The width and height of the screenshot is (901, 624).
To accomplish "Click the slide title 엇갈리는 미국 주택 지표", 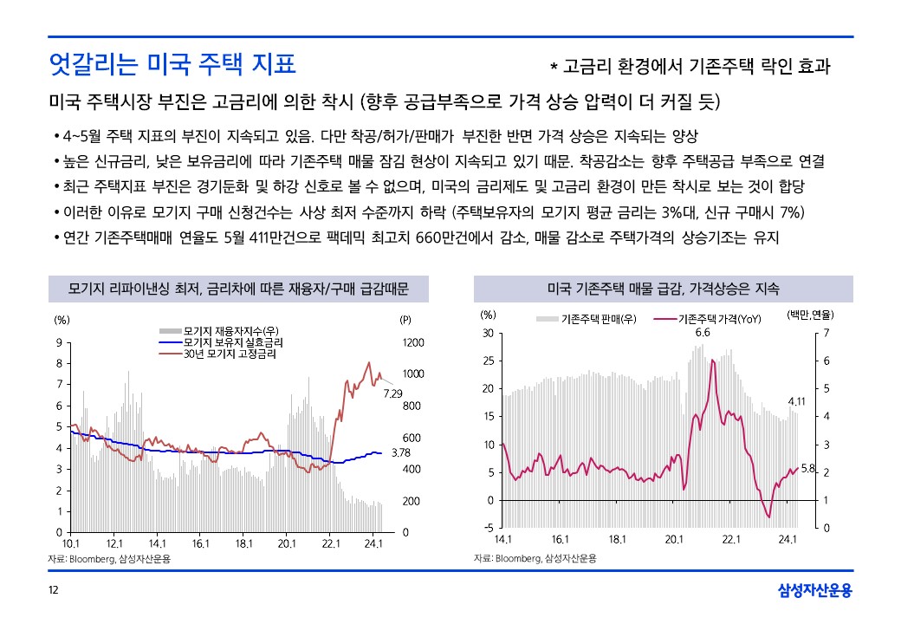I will pyautogui.click(x=172, y=63).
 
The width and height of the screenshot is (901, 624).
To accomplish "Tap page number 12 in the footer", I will pyautogui.click(x=53, y=591).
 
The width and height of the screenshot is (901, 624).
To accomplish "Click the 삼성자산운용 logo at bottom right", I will pyautogui.click(x=814, y=591).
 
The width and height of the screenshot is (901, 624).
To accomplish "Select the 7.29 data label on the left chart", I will pyautogui.click(x=393, y=393).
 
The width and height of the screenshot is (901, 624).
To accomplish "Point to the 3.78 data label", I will pyautogui.click(x=400, y=452).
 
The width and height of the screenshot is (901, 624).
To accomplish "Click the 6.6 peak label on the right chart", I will pyautogui.click(x=703, y=332).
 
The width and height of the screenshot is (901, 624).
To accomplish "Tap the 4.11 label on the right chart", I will pyautogui.click(x=796, y=401).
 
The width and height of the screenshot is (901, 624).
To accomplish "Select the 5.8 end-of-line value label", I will pyautogui.click(x=808, y=468).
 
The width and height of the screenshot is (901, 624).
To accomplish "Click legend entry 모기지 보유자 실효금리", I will pyautogui.click(x=234, y=342).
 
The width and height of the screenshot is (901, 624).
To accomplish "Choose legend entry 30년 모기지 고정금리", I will pyautogui.click(x=230, y=354).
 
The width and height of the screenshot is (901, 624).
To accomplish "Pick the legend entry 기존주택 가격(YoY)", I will pyautogui.click(x=719, y=319).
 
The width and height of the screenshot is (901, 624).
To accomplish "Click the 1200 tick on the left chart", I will pyautogui.click(x=413, y=342).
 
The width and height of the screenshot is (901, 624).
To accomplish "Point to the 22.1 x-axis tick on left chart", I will pyautogui.click(x=330, y=543).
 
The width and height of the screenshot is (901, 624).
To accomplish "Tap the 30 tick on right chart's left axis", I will pyautogui.click(x=489, y=334).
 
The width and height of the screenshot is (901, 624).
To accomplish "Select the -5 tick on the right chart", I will pyautogui.click(x=489, y=528).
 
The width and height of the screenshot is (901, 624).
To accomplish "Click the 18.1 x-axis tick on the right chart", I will pyautogui.click(x=618, y=539).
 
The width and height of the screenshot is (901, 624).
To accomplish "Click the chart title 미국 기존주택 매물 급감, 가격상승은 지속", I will pyautogui.click(x=664, y=288).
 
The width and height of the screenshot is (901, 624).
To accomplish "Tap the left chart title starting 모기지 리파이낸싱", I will pyautogui.click(x=237, y=288).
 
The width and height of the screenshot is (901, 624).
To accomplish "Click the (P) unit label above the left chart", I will pyautogui.click(x=405, y=319).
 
